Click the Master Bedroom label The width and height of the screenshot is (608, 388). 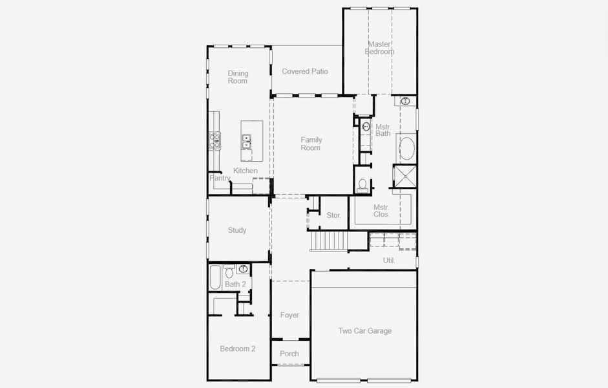[379, 48]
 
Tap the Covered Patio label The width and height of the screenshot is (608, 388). [305, 71]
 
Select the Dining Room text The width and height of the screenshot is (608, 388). [238, 77]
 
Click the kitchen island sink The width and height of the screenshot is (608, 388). [246, 141]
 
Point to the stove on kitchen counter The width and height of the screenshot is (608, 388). [214, 140]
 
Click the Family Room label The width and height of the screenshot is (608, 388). [311, 144]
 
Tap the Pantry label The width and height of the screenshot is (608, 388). [220, 178]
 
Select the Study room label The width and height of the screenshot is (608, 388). [237, 230]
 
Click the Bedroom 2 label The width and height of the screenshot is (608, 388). [238, 349]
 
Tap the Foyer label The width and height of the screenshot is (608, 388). [289, 315]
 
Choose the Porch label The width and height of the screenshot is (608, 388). [289, 354]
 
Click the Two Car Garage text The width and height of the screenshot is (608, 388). [365, 330]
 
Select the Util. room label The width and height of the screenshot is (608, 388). [389, 261]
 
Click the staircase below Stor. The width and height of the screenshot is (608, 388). [330, 242]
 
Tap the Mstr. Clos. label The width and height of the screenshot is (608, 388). [381, 211]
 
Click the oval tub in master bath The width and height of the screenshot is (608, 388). [407, 149]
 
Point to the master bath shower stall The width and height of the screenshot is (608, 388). [405, 177]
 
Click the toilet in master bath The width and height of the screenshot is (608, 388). [362, 186]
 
